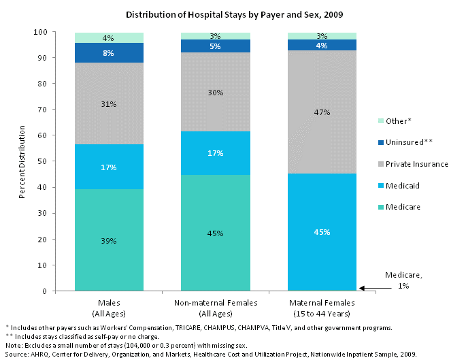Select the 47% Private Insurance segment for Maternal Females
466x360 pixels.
coord(322,112)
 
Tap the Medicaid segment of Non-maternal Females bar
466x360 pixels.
coord(216,153)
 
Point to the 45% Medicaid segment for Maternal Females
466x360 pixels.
coord(322,231)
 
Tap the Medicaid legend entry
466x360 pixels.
coord(401,184)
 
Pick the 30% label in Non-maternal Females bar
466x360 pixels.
coord(216,93)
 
